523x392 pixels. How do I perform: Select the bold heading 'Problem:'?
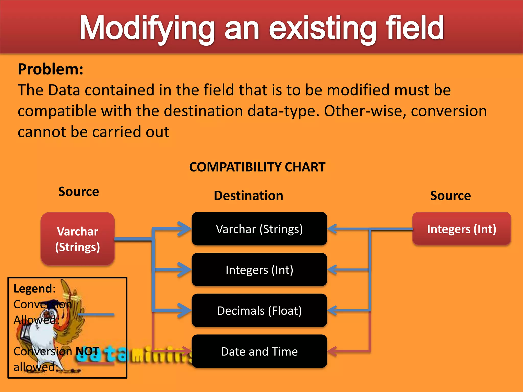coord(51,69)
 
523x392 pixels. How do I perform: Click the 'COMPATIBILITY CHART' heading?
coord(257,167)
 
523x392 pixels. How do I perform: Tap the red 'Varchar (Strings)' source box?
coord(78,239)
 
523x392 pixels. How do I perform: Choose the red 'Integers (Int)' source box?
coord(461,229)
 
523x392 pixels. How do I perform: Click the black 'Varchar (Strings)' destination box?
coord(259,229)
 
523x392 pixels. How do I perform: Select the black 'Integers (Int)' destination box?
coord(259,269)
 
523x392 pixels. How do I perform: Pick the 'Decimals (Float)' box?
coord(259,310)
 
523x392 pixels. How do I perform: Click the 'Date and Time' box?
coord(259,351)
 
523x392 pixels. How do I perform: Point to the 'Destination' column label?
coord(248,196)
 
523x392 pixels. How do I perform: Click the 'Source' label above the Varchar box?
coord(79,192)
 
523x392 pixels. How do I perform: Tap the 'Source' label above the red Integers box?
coord(450,196)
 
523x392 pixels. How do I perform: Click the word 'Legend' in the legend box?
coord(33,289)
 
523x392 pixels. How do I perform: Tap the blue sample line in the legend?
coord(96,315)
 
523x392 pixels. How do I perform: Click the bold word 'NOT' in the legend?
coord(87,351)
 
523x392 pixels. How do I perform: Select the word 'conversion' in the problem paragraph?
coord(449,111)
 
